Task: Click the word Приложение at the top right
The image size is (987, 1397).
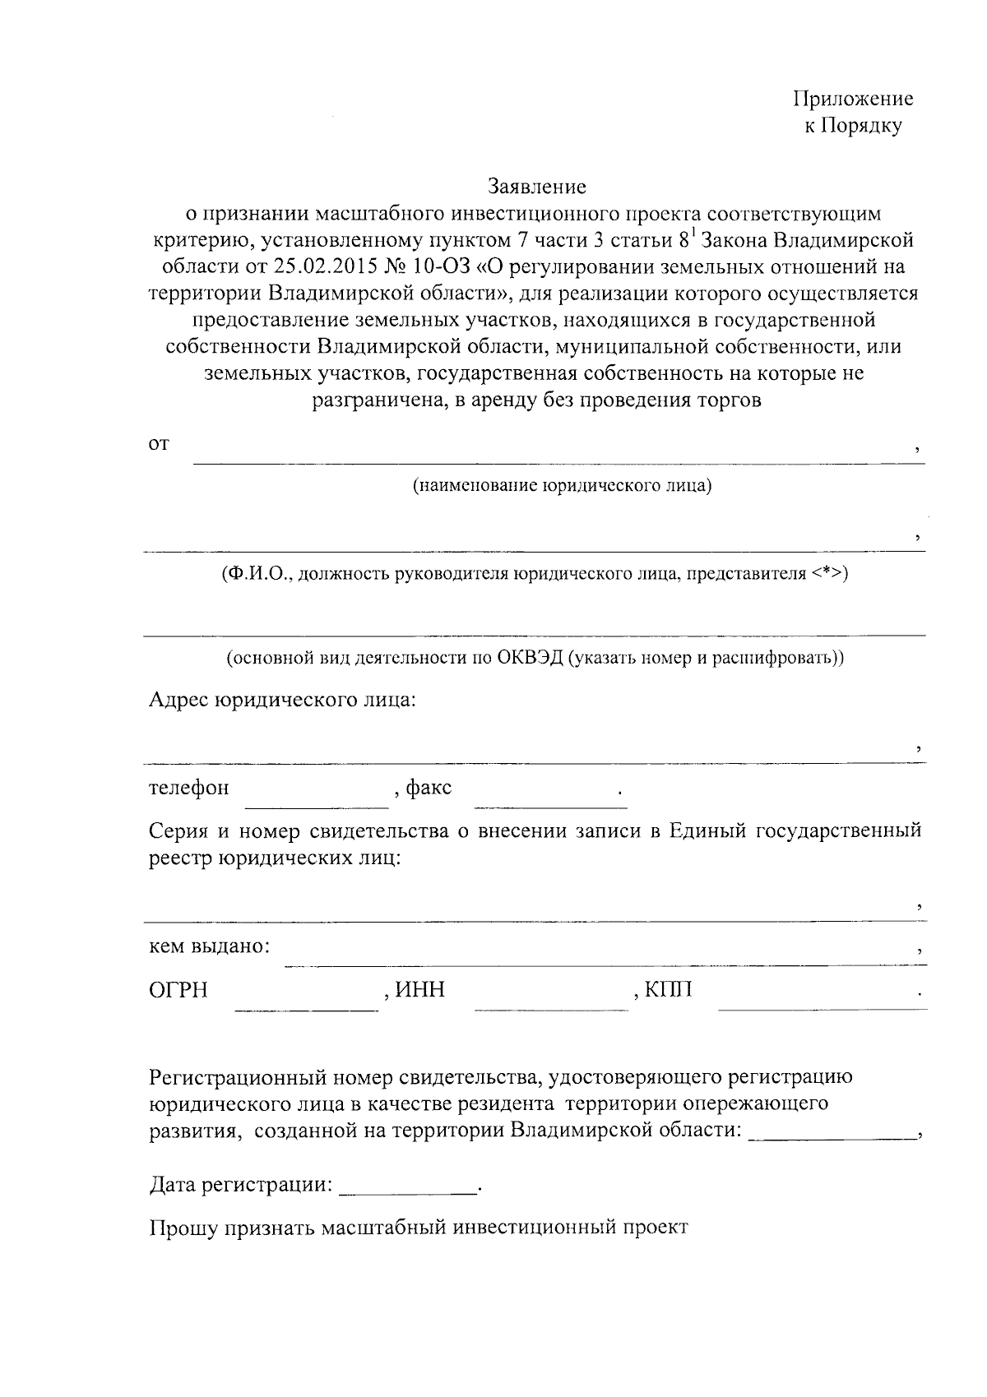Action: [x=853, y=99]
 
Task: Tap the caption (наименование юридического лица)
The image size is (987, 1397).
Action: [x=562, y=486]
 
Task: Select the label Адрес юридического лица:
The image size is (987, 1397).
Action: [x=282, y=701]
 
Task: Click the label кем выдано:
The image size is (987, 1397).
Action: [x=209, y=946]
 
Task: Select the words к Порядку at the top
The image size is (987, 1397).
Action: [x=853, y=127]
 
